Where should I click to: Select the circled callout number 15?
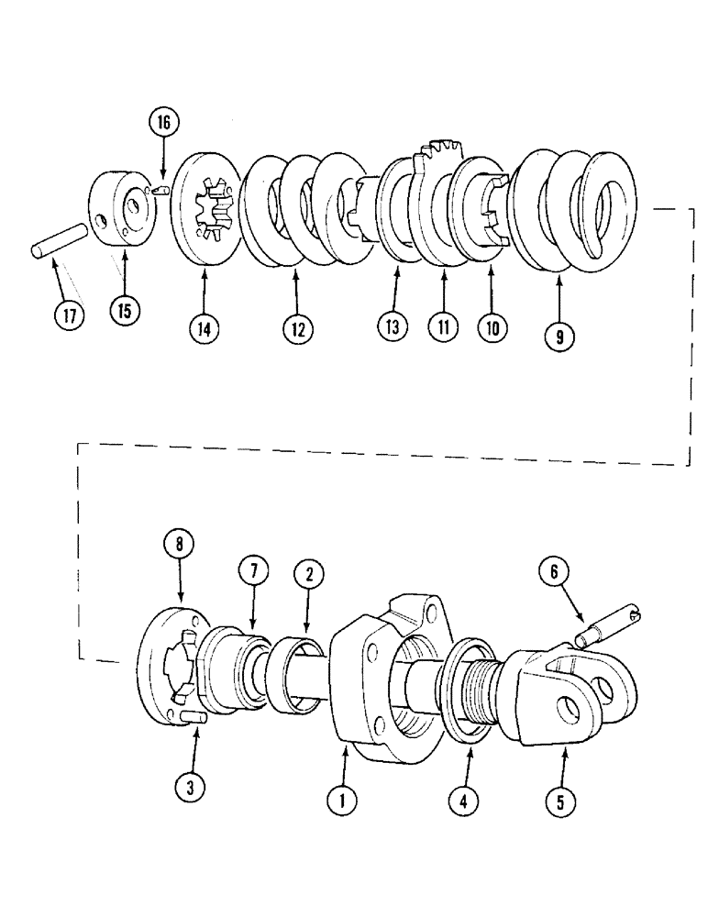124,311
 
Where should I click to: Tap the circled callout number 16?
162,123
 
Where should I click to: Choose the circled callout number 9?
559,337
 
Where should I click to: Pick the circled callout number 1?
343,801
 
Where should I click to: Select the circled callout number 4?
468,801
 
